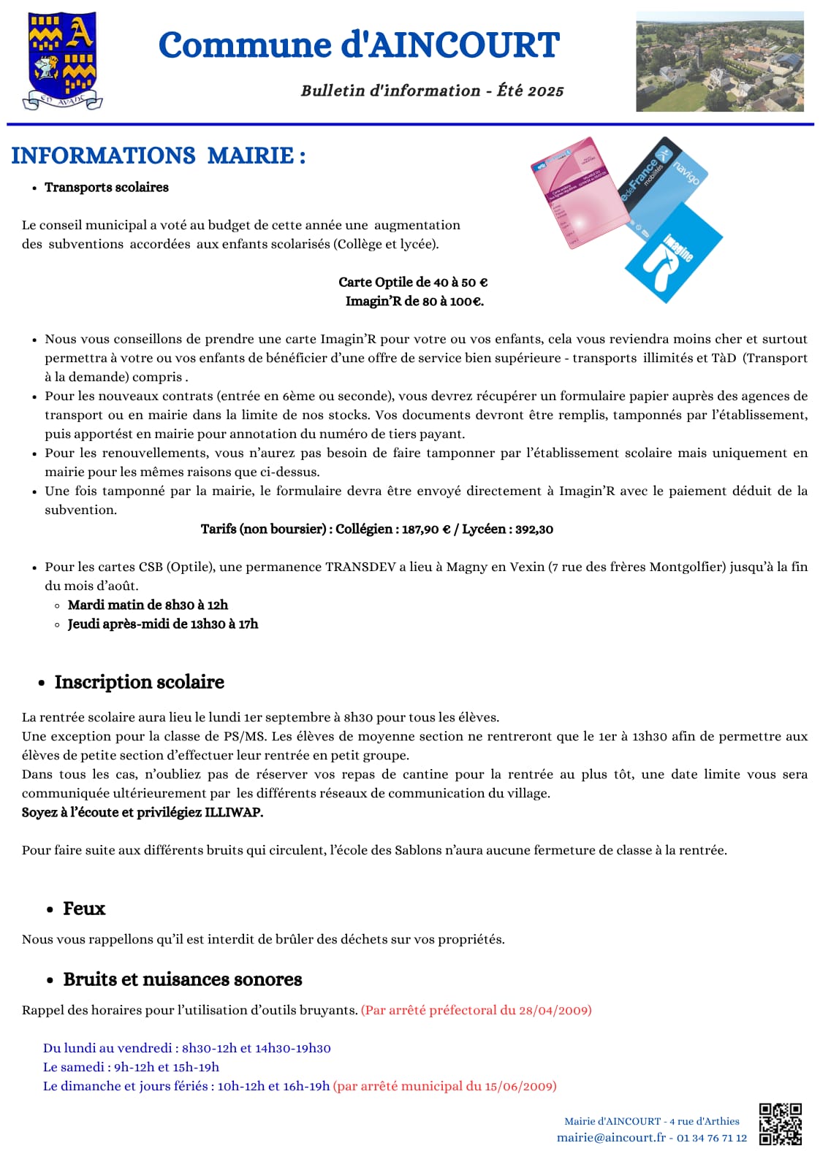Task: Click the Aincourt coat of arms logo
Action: [62, 60]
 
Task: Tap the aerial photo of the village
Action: [720, 61]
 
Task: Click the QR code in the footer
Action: [780, 1123]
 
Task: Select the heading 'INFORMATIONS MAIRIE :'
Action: [159, 156]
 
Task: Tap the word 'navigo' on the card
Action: [685, 172]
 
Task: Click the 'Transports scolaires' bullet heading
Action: [107, 188]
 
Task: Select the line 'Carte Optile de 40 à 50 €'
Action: [413, 283]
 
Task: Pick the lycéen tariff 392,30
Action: [534, 529]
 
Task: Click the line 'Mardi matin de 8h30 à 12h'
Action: [148, 605]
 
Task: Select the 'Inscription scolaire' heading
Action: [139, 682]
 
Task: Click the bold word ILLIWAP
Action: [233, 812]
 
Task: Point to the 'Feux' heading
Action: [84, 909]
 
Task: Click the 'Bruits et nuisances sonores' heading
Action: [183, 979]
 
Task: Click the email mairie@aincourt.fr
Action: [611, 1138]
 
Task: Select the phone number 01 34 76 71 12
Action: [712, 1138]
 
